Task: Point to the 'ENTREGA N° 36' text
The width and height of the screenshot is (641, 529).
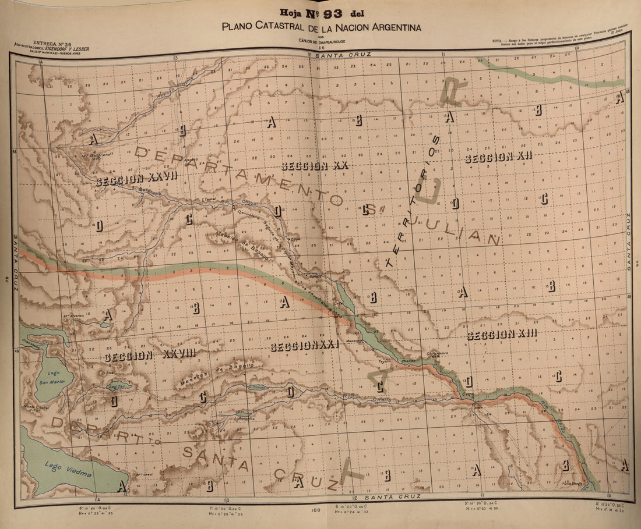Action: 52,43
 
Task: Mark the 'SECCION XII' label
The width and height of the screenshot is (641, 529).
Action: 499,157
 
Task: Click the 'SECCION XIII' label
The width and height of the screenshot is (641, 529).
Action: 501,334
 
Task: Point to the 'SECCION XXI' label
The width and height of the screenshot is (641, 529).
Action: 304,346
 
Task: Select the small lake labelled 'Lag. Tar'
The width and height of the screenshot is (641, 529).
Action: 118,385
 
